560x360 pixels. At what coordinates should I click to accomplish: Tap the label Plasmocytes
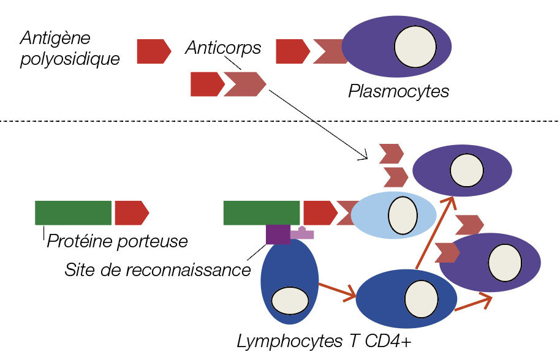pos(398,92)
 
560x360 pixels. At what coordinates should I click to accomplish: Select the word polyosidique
pos(69,58)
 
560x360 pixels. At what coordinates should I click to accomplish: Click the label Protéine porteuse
pos(117,241)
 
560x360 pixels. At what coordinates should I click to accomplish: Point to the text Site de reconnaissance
pos(157,269)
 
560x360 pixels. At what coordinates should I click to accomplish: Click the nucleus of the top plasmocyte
pos(415,47)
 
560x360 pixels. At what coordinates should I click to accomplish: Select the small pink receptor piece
pos(302,233)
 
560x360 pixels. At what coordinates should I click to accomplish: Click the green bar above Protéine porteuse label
pos(74,212)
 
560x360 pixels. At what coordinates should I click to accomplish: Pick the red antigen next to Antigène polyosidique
pos(153,51)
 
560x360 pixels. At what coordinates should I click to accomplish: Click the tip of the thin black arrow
pos(367,159)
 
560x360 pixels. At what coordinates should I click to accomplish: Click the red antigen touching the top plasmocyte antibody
pos(292,51)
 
